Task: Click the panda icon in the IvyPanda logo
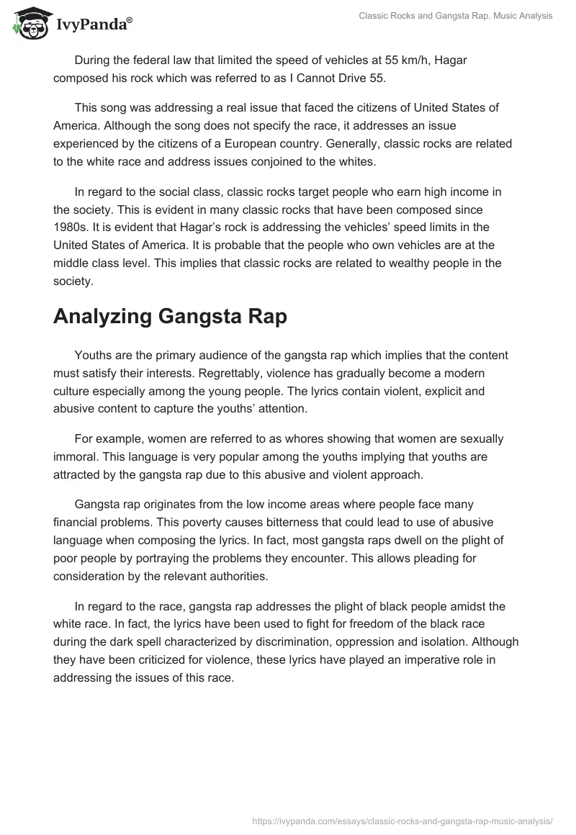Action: [x=27, y=24]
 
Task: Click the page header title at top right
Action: [x=455, y=17]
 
